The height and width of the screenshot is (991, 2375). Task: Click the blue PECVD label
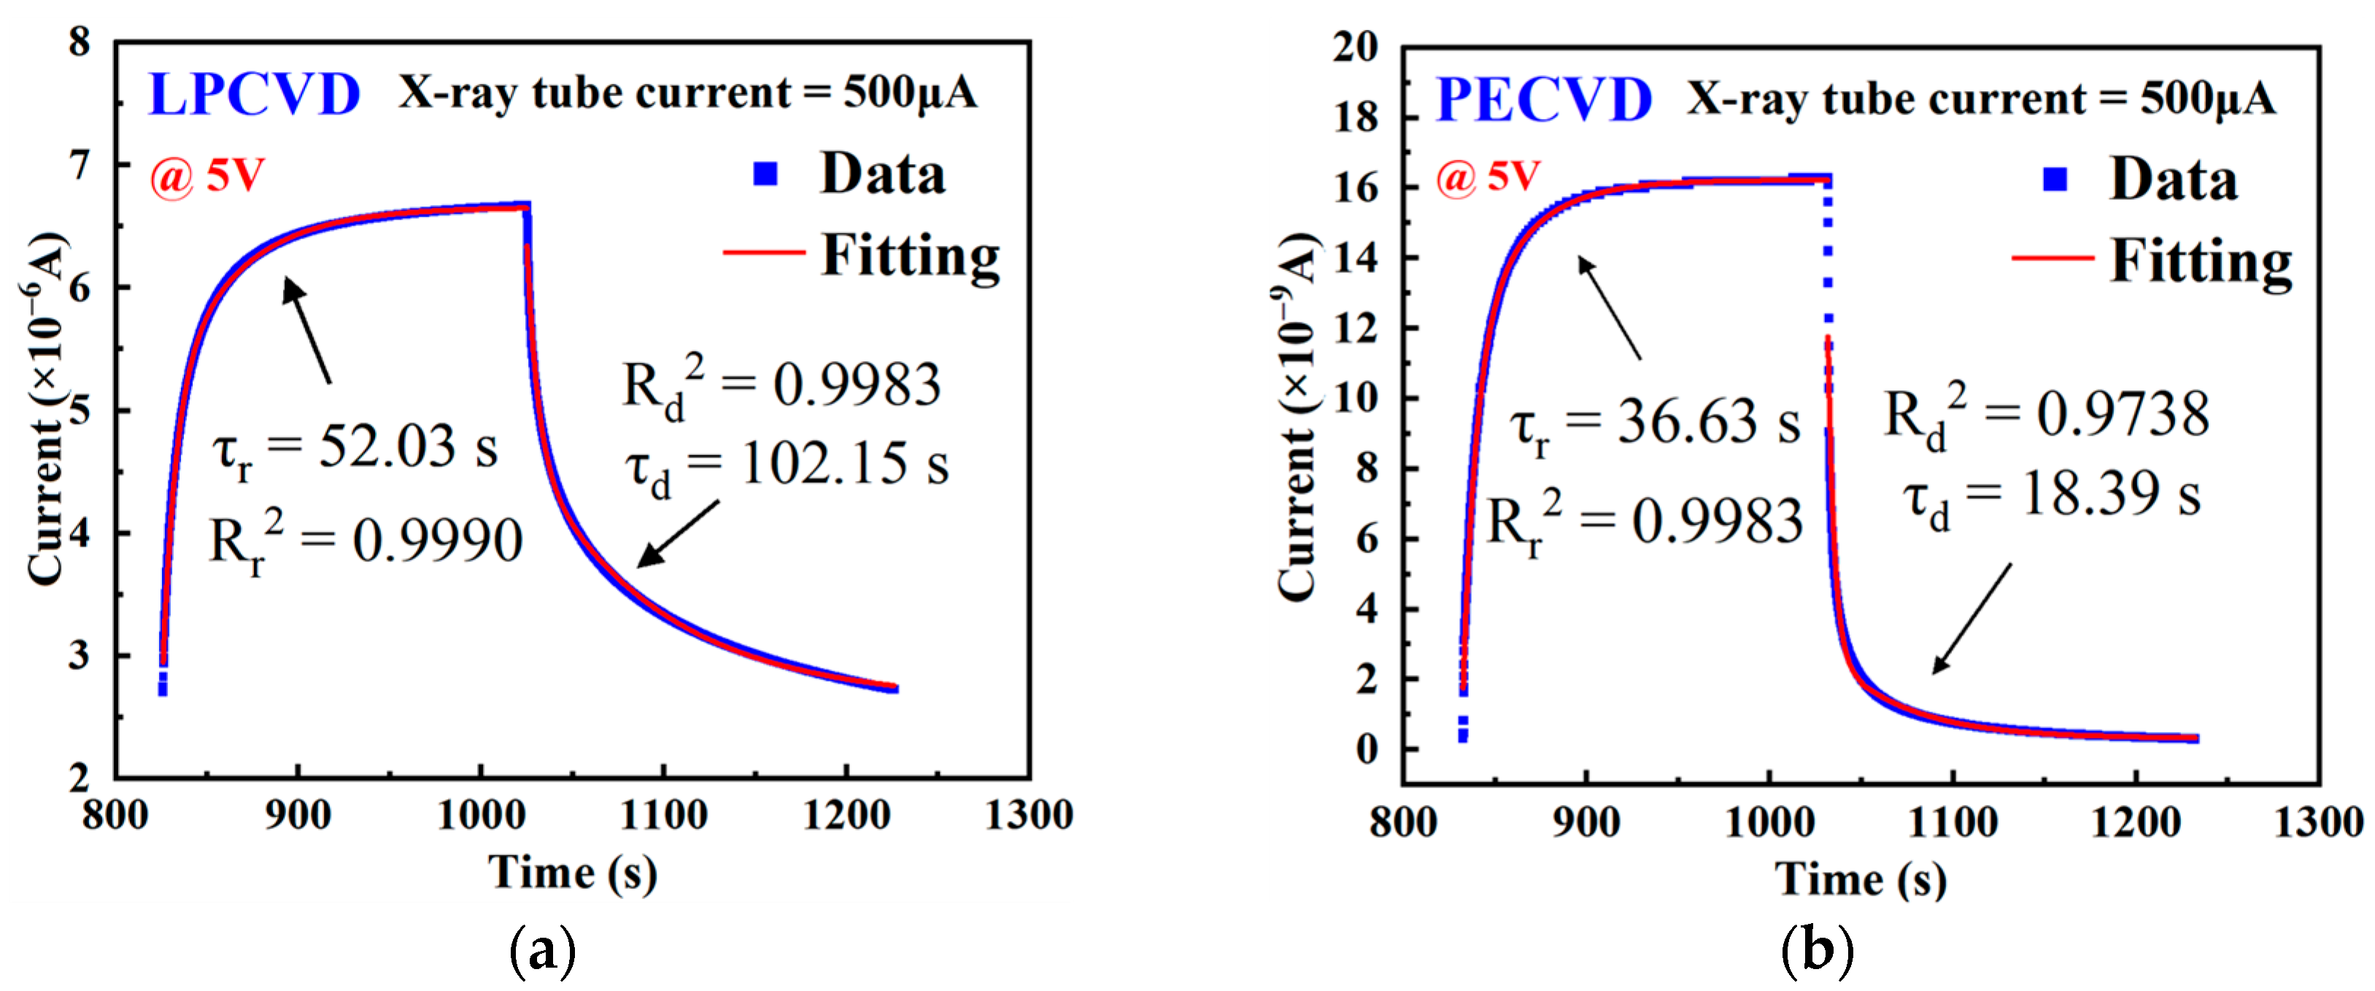(x=1545, y=99)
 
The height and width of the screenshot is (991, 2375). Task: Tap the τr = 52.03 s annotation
(x=355, y=449)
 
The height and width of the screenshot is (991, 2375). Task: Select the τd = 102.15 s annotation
(x=787, y=465)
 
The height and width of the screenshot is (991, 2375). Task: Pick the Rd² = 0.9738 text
(x=2046, y=414)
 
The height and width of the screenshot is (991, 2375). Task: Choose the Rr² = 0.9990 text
(x=366, y=542)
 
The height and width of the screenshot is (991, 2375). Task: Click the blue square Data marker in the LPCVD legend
(x=765, y=173)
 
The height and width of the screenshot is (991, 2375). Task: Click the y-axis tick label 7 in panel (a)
(x=80, y=166)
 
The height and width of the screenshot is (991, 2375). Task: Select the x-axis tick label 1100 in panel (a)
(x=663, y=816)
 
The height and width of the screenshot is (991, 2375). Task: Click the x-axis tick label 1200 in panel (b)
(x=2135, y=822)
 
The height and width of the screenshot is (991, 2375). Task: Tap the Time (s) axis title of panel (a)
(x=573, y=872)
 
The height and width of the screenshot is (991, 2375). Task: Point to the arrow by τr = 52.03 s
(x=307, y=330)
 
